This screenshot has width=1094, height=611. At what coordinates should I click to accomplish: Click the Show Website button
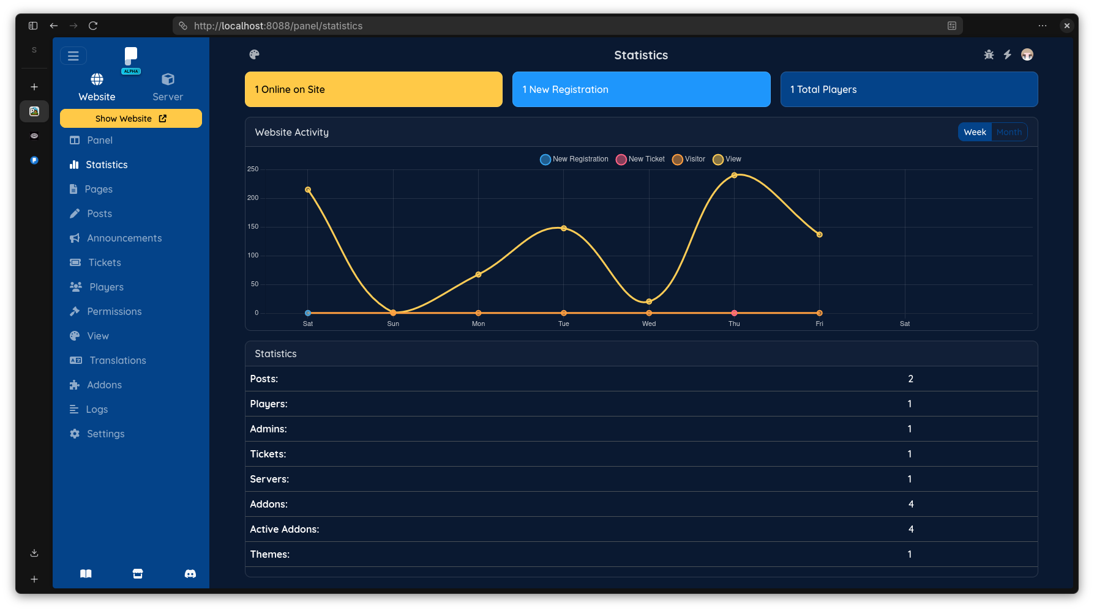coord(130,119)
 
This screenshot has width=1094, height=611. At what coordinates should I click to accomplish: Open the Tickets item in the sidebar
coord(104,262)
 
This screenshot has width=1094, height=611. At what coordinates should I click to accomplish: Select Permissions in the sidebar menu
coord(114,311)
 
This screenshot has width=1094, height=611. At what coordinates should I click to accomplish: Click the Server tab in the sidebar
coord(168,87)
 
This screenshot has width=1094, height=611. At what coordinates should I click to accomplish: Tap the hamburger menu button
coord(73,56)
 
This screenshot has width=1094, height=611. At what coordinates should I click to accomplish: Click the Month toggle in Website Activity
coord(1009,132)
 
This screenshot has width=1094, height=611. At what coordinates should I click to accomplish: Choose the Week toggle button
coord(975,132)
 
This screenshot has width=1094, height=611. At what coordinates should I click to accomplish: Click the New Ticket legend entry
coord(640,159)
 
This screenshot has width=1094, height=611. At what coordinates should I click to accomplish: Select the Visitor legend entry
coord(689,159)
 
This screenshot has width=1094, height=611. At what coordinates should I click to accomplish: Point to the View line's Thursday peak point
coord(734,176)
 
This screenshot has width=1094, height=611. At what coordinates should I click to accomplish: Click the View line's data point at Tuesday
coord(564,228)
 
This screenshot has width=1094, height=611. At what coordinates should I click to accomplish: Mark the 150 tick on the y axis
coord(253,227)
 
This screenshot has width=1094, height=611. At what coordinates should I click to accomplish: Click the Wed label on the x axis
coord(649,324)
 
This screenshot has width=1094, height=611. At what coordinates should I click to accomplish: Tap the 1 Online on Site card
coord(373,89)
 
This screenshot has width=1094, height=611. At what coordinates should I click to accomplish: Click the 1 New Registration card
coord(641,89)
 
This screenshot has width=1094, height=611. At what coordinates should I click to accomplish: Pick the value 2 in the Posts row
coord(910,379)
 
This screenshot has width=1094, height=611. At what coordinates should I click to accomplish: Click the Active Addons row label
coord(285,530)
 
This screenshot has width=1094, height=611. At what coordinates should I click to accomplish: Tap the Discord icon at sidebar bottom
coord(190,574)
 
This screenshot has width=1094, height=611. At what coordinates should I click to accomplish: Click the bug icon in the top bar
coord(989,55)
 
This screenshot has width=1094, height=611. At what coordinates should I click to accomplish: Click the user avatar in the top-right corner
coord(1027,55)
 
